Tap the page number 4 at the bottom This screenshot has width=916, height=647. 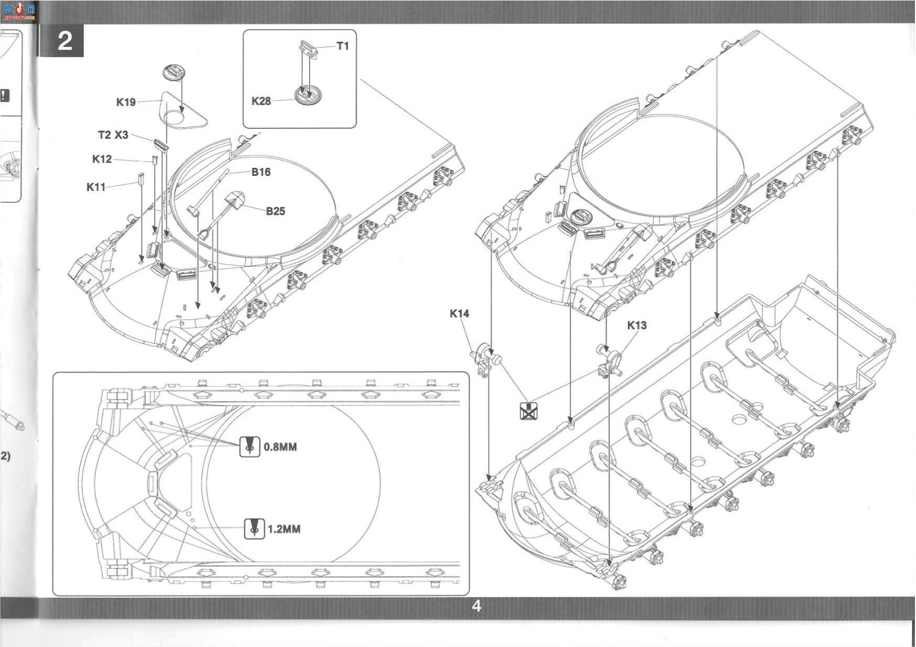click(476, 606)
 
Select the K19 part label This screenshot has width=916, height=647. click(126, 102)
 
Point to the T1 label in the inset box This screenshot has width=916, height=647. click(343, 46)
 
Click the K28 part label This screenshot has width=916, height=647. click(261, 101)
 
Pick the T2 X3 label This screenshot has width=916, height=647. click(113, 135)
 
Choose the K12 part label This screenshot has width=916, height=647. click(102, 159)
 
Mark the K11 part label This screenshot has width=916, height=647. click(96, 187)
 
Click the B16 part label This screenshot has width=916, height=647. click(261, 172)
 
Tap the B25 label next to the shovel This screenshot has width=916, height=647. click(275, 211)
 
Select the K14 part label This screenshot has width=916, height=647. click(460, 314)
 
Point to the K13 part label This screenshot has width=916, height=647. click(637, 325)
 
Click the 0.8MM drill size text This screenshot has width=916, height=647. click(280, 447)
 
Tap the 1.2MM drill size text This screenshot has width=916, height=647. click(284, 529)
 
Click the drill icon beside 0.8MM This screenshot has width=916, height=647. click(250, 447)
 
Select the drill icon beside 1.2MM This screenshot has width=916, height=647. click(254, 529)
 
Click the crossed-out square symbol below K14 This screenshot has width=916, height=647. click(529, 412)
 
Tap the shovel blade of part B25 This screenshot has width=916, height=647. click(235, 200)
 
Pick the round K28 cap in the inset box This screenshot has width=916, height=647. click(307, 95)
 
